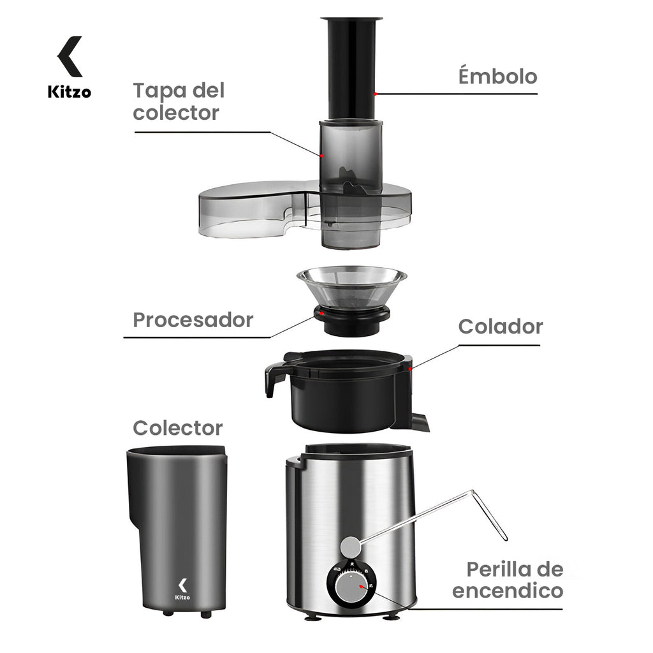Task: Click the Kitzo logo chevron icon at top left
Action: (x=70, y=56)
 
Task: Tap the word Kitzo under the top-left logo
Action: (x=70, y=92)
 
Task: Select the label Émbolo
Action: (x=497, y=77)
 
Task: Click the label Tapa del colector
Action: (x=179, y=101)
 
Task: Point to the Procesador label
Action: (x=193, y=319)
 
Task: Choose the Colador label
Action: (x=500, y=326)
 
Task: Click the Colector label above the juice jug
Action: (x=177, y=427)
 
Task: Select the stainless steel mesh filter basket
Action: (x=351, y=287)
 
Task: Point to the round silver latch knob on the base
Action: (x=349, y=547)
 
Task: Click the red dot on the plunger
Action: (x=376, y=94)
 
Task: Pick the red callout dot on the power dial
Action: (x=361, y=586)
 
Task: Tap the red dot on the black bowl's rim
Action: (x=412, y=368)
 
